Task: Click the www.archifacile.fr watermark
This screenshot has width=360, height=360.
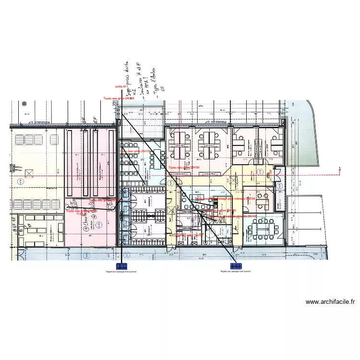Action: [x=330, y=302]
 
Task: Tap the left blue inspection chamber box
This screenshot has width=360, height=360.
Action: [x=122, y=266]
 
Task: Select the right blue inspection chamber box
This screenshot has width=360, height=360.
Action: [x=235, y=266]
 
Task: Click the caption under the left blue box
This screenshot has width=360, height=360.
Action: [x=121, y=271]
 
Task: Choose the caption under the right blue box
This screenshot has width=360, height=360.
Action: [x=235, y=271]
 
